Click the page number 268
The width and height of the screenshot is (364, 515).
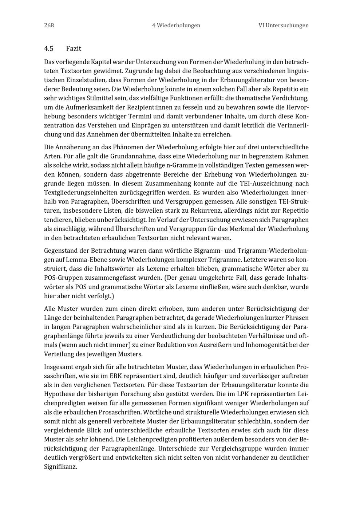[49, 25]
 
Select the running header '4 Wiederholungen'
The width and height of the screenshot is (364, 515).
[176, 25]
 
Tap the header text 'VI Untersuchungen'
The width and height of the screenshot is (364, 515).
[284, 25]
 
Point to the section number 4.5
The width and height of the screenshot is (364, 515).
[49, 48]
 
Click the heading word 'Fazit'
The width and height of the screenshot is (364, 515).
[74, 48]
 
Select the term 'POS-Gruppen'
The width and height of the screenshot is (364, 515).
[62, 278]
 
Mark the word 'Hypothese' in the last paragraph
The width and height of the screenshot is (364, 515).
[60, 394]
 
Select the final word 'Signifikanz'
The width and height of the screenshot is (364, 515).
[60, 467]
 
